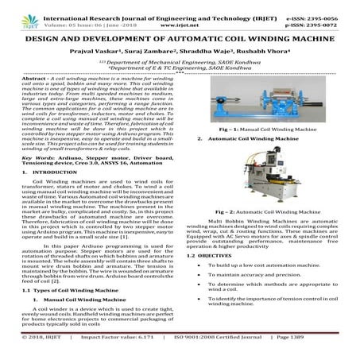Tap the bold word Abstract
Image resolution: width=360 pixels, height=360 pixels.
coord(37,80)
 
